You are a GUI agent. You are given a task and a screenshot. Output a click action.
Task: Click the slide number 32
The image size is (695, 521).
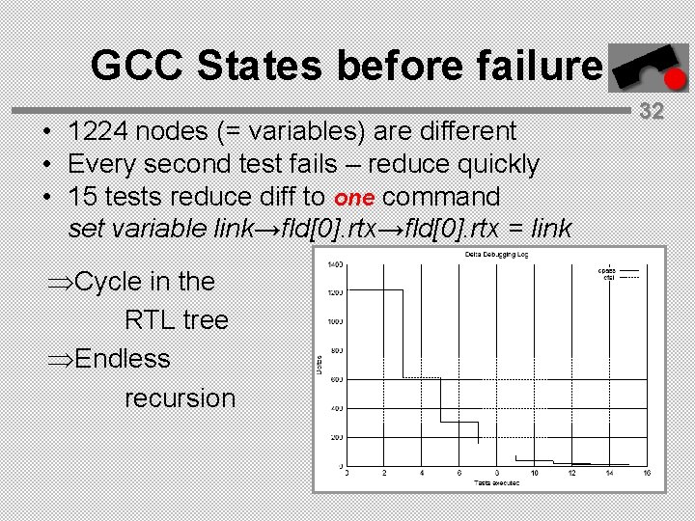652,110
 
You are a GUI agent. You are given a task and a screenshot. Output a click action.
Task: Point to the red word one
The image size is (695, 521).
354,197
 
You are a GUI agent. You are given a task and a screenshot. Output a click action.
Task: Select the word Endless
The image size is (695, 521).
122,359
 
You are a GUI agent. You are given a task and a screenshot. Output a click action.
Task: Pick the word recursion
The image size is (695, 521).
180,398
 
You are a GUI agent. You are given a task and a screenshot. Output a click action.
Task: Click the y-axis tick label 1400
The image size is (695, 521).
335,264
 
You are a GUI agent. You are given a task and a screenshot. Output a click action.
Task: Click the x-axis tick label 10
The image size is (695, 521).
534,472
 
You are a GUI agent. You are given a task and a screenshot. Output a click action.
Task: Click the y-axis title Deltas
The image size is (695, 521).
320,365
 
